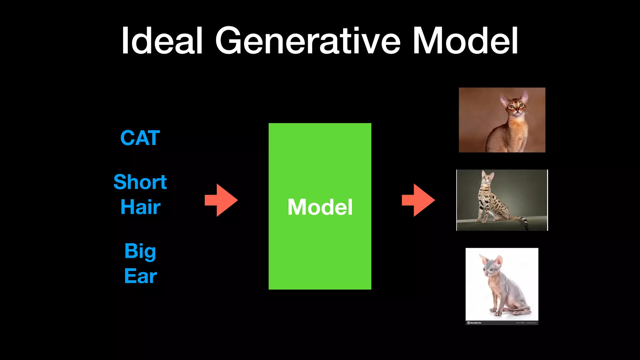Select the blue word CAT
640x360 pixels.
[140, 138]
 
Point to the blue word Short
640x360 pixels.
[140, 182]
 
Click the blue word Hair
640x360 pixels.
[140, 207]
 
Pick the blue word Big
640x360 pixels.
[140, 251]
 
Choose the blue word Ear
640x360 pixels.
[140, 276]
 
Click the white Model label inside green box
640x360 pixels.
[320, 207]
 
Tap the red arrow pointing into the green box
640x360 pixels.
[221, 200]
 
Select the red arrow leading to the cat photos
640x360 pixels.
[418, 200]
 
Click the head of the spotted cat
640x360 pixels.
[487, 177]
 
